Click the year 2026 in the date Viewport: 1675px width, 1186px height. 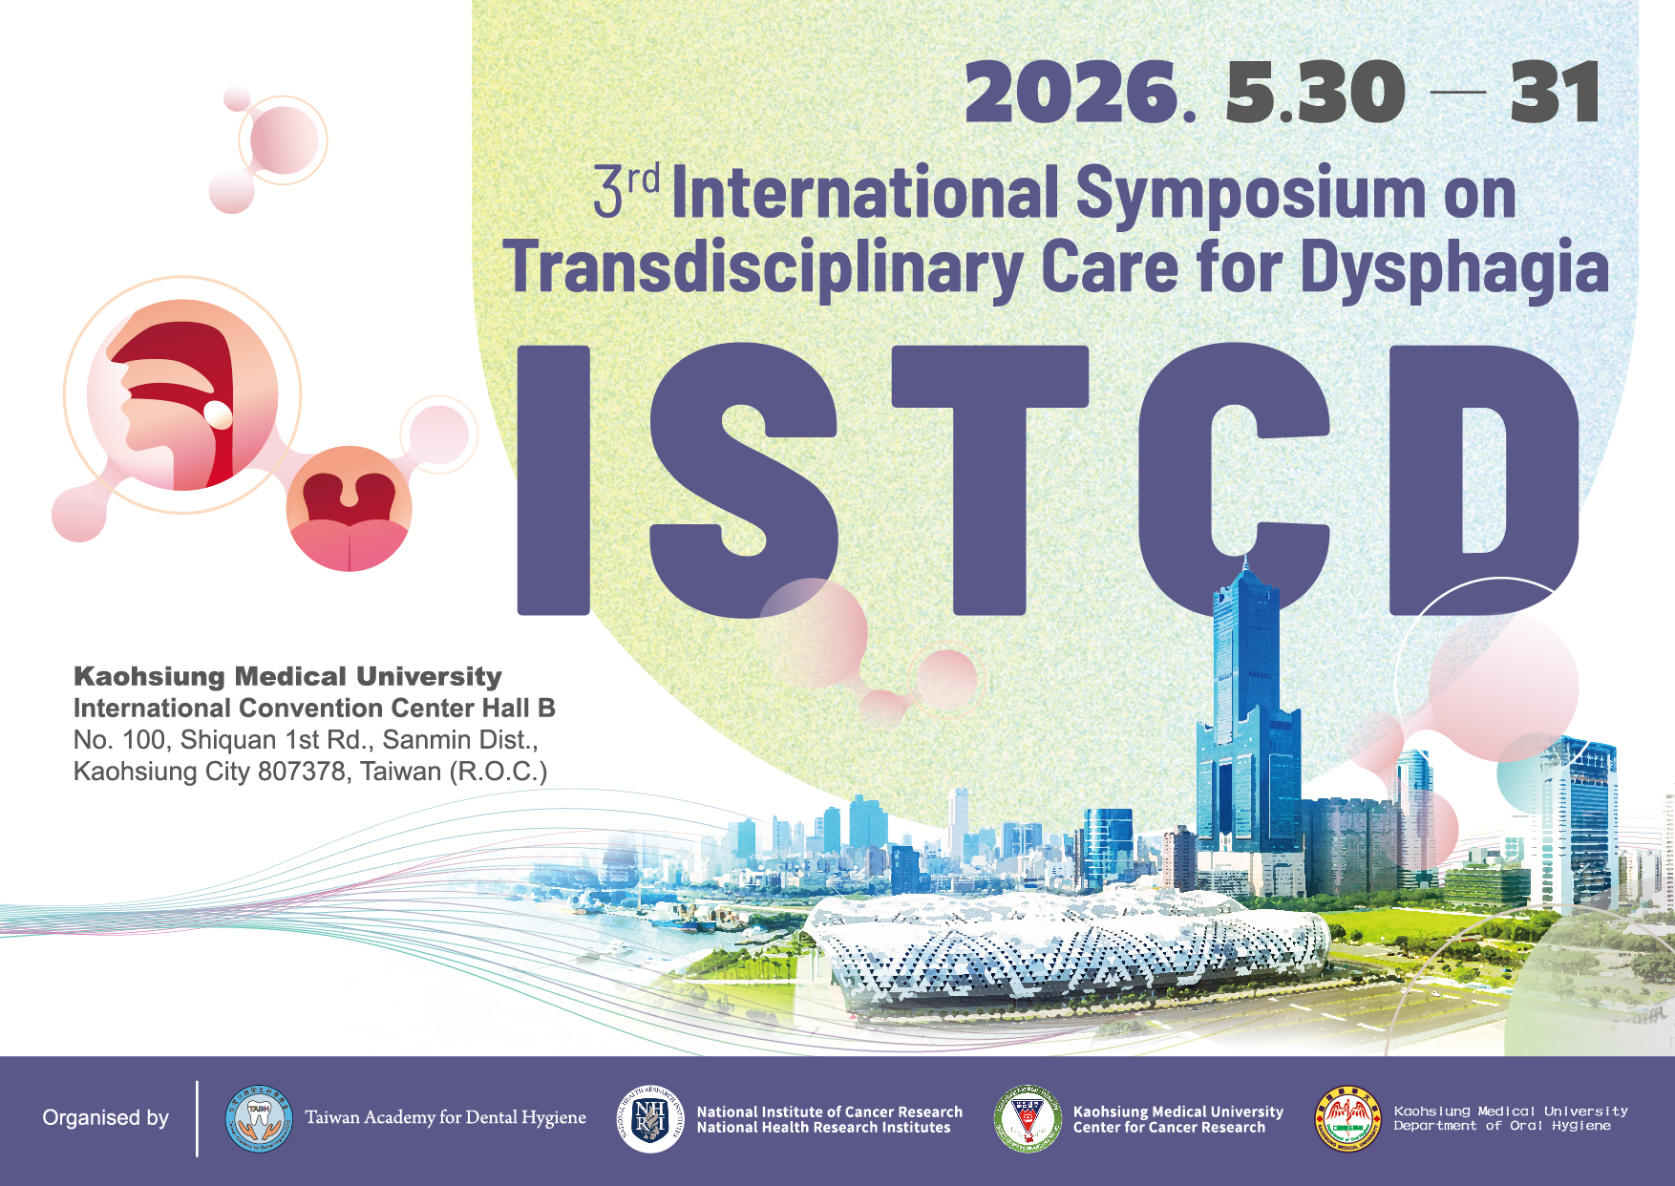coord(1071,94)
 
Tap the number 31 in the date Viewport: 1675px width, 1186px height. coord(1555,94)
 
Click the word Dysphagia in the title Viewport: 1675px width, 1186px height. coord(1454,267)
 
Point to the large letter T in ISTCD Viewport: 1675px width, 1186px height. coord(990,477)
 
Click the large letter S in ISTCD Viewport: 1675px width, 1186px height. coord(745,477)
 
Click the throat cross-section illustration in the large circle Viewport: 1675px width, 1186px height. coord(182,394)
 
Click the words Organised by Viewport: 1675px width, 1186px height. coord(106,1117)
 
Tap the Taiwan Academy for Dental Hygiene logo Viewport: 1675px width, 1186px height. coord(259,1118)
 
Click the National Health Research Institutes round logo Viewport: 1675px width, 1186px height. coord(650,1118)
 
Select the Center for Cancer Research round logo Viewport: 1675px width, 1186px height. coord(1028,1118)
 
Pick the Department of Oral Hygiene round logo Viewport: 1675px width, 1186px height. coord(1347,1118)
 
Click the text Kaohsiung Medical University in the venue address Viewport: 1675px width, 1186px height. coord(287,676)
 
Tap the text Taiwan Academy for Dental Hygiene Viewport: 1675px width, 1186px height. coord(445,1117)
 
